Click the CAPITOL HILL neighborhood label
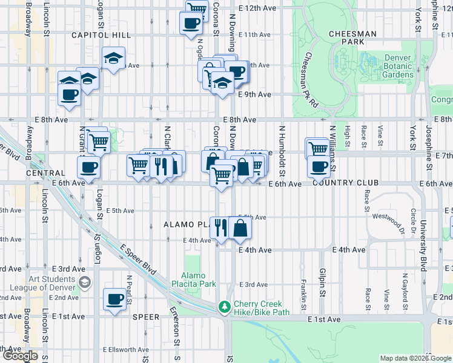99,36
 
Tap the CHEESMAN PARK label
353,38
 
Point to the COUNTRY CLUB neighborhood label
345,183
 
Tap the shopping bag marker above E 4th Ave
240,227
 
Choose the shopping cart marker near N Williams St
317,148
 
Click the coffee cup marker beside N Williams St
318,165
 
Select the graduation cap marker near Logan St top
113,58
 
